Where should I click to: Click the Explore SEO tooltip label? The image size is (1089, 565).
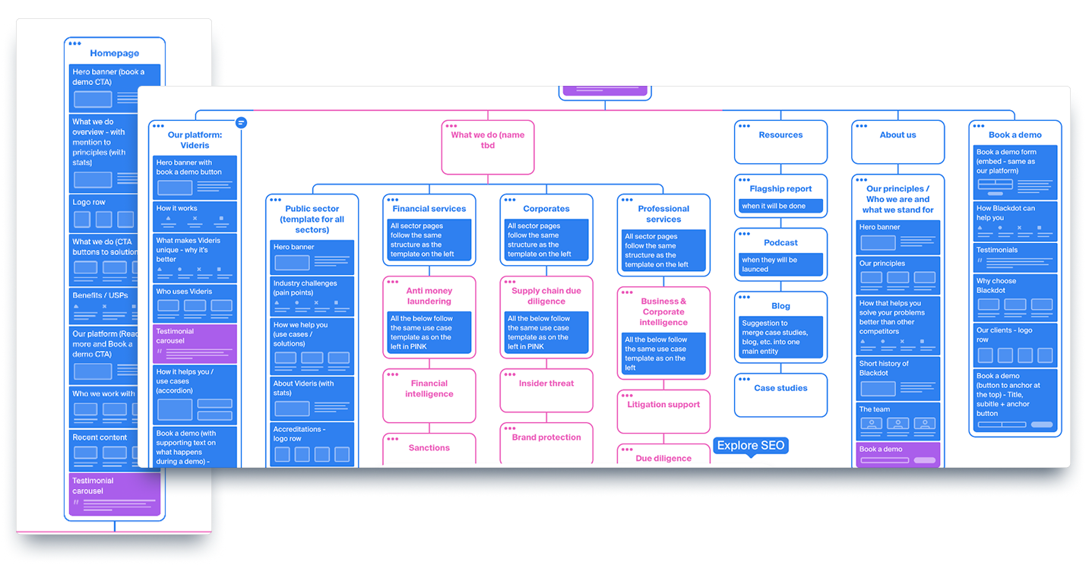751,446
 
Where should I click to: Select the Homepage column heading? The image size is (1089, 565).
114,53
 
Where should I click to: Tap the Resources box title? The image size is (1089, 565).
780,135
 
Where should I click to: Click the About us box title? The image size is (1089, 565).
897,135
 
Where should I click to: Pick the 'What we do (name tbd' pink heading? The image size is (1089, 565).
488,140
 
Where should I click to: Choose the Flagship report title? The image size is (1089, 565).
780,189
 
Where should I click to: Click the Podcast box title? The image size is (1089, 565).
780,243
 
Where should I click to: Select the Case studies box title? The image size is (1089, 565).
780,388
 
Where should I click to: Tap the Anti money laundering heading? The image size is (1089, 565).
429,296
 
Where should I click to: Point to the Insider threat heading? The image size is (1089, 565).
546,384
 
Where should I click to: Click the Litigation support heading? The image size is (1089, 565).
663,405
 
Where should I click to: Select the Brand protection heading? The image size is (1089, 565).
546,437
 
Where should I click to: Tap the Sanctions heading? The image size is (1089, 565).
429,448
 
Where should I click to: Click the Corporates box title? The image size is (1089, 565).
546,209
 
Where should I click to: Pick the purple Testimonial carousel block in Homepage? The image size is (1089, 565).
115,494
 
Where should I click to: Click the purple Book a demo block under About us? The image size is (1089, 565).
897,454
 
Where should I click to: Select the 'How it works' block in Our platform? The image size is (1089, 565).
195,216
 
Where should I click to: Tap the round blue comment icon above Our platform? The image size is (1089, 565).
241,122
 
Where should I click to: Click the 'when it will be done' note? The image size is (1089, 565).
780,206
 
